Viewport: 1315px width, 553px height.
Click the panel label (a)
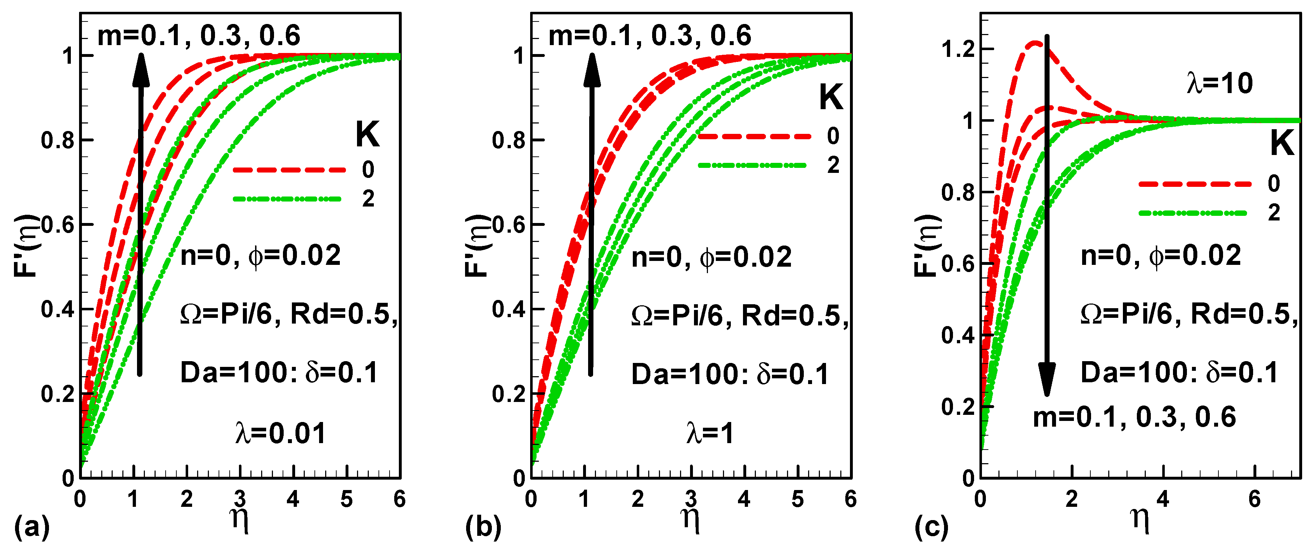31,528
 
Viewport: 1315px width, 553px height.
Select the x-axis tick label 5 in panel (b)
797,499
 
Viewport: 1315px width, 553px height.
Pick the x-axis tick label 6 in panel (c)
1254,499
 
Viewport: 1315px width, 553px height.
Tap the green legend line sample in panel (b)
752,165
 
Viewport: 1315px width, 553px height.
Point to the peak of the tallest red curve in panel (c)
1035,43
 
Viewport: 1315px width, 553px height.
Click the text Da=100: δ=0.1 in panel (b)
730,374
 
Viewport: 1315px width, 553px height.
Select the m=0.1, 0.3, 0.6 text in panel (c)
1134,417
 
